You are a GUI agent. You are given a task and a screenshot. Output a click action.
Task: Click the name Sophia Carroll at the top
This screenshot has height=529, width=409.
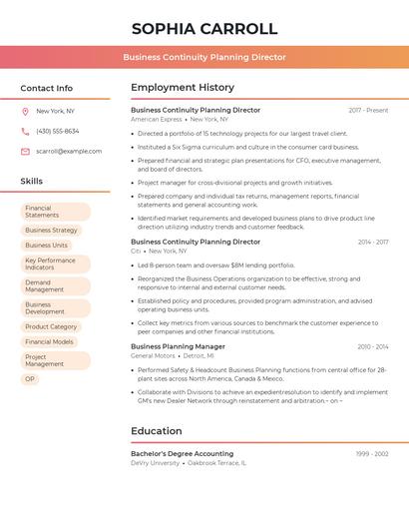(x=204, y=28)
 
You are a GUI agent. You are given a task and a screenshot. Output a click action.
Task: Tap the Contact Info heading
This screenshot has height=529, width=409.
(x=47, y=88)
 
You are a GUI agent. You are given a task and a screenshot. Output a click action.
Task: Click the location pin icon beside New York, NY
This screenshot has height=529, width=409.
(x=25, y=111)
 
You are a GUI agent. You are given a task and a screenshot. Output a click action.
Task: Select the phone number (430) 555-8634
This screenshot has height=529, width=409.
(x=58, y=131)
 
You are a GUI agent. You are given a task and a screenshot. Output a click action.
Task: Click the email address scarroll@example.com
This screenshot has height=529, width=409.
(x=69, y=151)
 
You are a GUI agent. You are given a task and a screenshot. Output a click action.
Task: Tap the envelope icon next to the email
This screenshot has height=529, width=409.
(x=25, y=151)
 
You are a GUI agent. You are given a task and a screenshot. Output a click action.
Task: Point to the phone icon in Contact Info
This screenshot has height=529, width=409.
(x=25, y=131)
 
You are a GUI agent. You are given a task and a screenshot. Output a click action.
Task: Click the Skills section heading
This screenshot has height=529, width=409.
(x=32, y=181)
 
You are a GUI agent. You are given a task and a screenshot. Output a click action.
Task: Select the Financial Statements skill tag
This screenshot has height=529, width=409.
(x=56, y=212)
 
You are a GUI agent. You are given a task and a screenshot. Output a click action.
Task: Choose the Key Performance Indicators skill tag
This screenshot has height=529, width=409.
(x=56, y=264)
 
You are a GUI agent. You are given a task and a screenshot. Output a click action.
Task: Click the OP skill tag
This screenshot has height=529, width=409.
(x=30, y=379)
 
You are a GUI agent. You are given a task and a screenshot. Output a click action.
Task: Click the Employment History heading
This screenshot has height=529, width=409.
(x=183, y=88)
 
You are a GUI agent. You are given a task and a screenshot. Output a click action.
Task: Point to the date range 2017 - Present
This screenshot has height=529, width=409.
(x=368, y=110)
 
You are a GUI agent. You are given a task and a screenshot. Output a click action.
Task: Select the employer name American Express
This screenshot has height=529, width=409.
(x=157, y=119)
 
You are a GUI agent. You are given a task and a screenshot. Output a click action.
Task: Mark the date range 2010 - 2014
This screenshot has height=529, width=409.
(x=373, y=346)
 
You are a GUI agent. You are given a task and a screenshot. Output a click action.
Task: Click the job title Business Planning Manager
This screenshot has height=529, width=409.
(x=178, y=346)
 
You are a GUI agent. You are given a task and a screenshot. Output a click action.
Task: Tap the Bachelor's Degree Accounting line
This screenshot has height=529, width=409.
(x=182, y=453)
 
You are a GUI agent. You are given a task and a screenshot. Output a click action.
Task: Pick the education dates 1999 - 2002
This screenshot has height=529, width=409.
(x=372, y=453)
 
